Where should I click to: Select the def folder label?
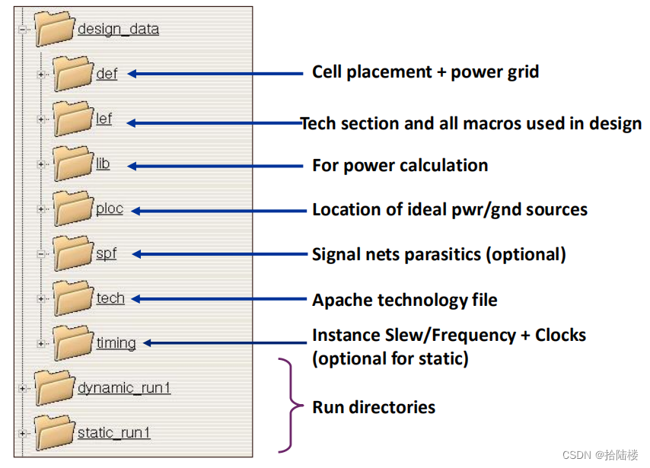[107, 74]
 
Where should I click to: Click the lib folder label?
[103, 164]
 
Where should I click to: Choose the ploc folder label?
[109, 209]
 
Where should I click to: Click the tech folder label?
[110, 298]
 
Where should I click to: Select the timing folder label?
[116, 342]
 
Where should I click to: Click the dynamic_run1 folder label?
[124, 388]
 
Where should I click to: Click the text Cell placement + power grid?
[425, 72]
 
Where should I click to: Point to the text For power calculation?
[400, 165]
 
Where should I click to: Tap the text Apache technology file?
[404, 300]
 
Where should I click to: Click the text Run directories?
[374, 407]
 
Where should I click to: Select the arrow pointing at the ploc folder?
[216, 210]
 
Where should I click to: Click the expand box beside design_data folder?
[22, 30]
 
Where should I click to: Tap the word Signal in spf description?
[336, 255]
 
